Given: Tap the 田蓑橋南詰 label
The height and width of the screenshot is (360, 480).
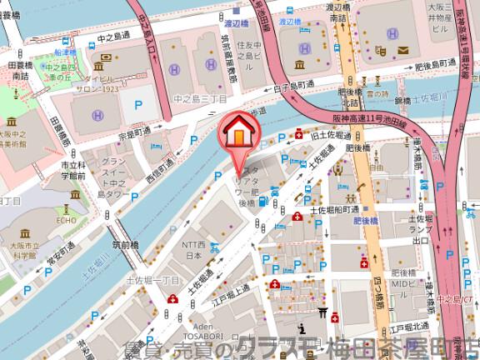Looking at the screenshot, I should click(x=17, y=70).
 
